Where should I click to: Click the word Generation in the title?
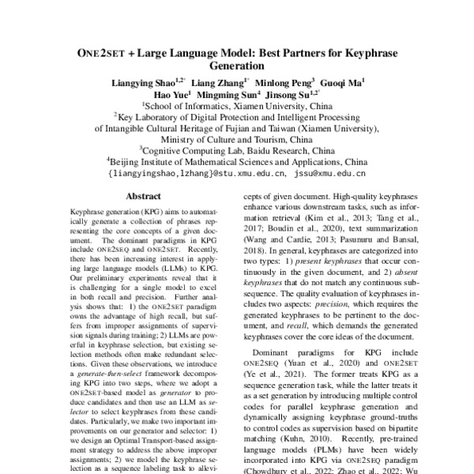[236, 67]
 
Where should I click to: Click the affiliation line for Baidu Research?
[236, 147]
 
